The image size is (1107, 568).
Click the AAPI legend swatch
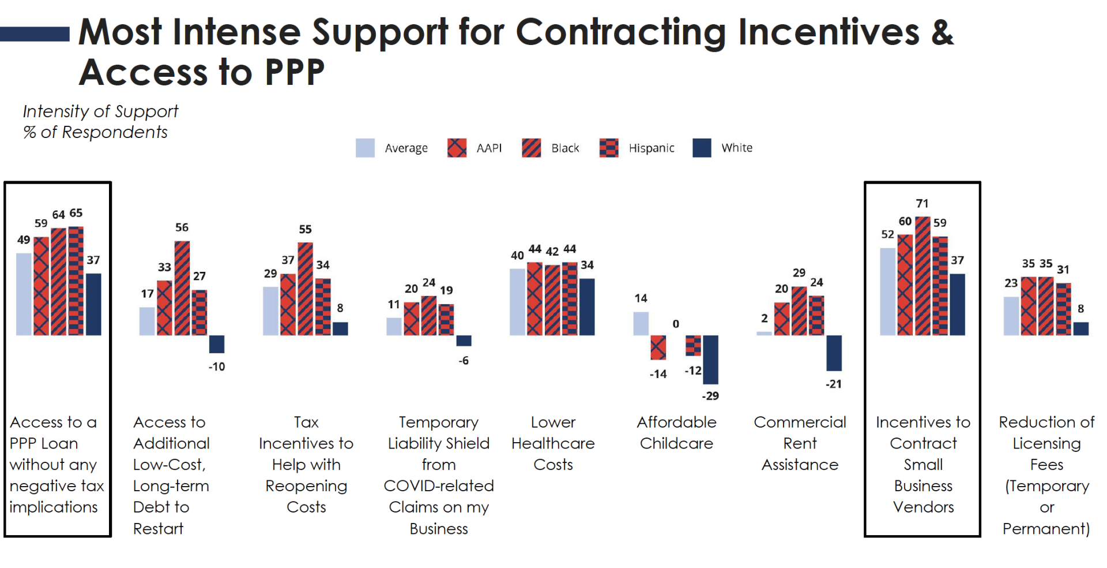[x=457, y=148]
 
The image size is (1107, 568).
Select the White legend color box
[x=702, y=148]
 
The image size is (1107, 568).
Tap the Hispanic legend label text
[x=651, y=148]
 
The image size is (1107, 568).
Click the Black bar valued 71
[x=922, y=276]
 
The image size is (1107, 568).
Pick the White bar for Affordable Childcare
[x=710, y=359]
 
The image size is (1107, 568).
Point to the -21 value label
[x=833, y=384]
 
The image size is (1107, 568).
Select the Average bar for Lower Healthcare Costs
[x=517, y=301]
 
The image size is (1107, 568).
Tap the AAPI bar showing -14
[x=658, y=347]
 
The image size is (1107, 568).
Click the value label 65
[x=76, y=213]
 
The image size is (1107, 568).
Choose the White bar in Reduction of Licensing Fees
[x=1081, y=328]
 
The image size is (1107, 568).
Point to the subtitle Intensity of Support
[x=100, y=111]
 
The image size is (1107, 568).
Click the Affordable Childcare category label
[x=676, y=432]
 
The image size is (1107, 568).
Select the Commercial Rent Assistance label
[x=800, y=443]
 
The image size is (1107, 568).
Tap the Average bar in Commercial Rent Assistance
[x=764, y=333]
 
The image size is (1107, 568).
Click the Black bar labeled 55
[x=305, y=289]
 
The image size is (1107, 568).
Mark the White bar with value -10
[x=216, y=343]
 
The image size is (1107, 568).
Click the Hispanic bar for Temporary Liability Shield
[x=446, y=319]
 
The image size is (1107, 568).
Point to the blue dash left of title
[x=35, y=34]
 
